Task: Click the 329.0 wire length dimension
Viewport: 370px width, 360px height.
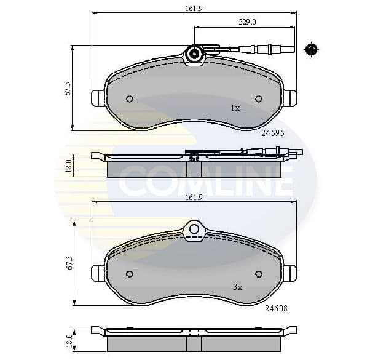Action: pyautogui.click(x=246, y=22)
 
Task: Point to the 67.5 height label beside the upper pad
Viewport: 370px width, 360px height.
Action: pyautogui.click(x=68, y=87)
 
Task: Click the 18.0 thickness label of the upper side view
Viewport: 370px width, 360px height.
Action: pyautogui.click(x=68, y=166)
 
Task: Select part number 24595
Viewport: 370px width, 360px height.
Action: pyautogui.click(x=273, y=132)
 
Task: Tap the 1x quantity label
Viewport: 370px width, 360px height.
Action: pyautogui.click(x=235, y=108)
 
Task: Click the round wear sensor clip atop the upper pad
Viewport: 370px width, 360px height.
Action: pyautogui.click(x=194, y=54)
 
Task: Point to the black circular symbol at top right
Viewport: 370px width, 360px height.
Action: pyautogui.click(x=312, y=49)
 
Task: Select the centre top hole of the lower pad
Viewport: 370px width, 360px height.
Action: pyautogui.click(x=194, y=230)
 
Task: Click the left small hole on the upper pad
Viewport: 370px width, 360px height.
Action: pyautogui.click(x=130, y=99)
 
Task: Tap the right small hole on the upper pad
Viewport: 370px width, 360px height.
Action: pyautogui.click(x=258, y=99)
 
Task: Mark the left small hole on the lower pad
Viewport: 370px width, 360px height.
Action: pyautogui.click(x=130, y=274)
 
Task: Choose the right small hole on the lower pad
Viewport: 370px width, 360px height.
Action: pyautogui.click(x=258, y=274)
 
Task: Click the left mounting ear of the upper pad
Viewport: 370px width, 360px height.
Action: pyautogui.click(x=98, y=98)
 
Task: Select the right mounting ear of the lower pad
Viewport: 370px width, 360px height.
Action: pyautogui.click(x=289, y=273)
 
